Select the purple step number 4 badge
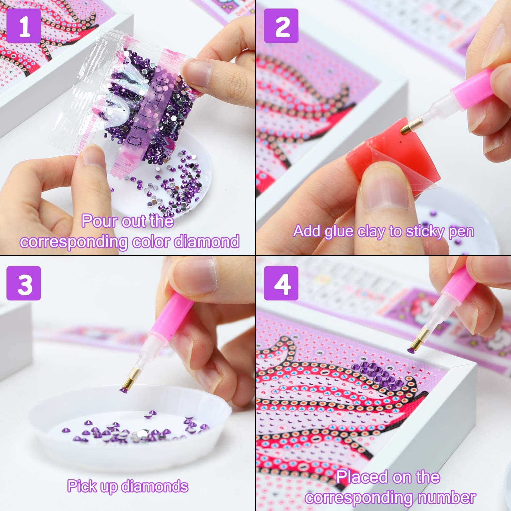coord(281,283)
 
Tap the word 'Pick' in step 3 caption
coord(82,486)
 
